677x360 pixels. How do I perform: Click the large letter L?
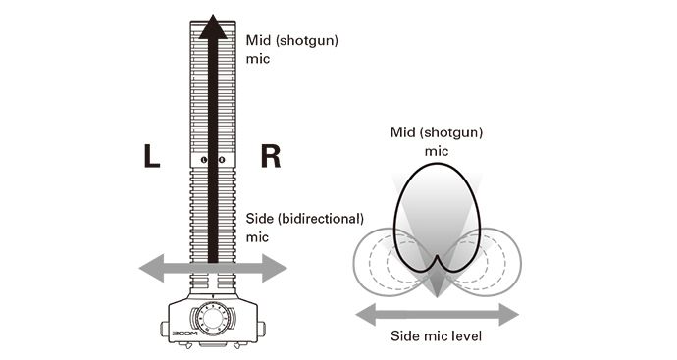pos(151,156)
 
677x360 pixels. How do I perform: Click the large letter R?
pos(271,156)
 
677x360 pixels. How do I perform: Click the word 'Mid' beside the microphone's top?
pos(258,42)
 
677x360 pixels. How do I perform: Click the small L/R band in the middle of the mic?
pos(212,159)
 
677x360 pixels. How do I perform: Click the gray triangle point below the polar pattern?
pos(437,295)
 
